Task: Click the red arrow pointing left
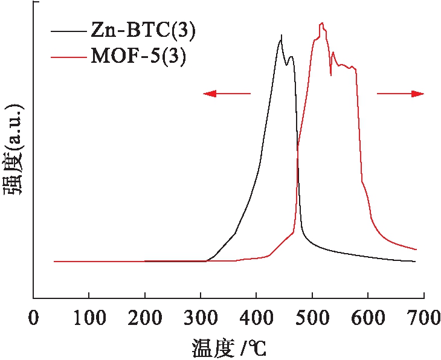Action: point(226,93)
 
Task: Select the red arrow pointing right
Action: point(401,93)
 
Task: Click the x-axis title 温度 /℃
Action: point(230,347)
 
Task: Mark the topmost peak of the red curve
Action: point(323,23)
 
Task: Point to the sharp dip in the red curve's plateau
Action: point(330,75)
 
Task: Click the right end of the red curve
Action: point(416,249)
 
